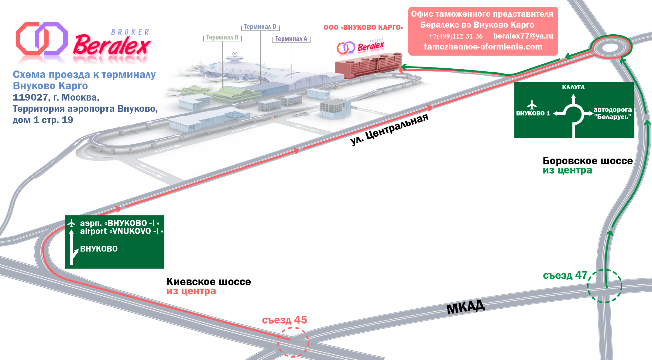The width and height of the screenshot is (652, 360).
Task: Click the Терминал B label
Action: [222, 37]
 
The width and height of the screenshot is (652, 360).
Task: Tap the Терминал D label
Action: [260, 27]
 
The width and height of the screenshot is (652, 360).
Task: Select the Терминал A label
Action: [291, 39]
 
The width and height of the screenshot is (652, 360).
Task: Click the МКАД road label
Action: [465, 307]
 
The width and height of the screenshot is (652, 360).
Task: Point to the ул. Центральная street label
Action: [389, 129]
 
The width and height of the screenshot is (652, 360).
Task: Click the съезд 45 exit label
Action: [284, 320]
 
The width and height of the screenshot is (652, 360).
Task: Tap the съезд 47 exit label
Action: [565, 275]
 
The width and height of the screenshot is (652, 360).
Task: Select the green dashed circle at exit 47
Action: [604, 286]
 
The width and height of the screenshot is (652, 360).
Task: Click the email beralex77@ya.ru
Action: [523, 36]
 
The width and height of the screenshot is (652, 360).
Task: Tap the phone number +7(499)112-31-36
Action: [455, 36]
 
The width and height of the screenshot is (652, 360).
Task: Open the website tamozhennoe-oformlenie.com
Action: [483, 47]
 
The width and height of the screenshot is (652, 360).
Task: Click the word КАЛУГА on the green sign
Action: [573, 87]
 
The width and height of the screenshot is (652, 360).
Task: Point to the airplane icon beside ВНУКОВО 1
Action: [532, 105]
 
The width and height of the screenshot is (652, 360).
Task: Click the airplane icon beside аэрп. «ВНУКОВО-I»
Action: [71, 224]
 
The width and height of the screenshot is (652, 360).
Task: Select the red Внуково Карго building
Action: [368, 65]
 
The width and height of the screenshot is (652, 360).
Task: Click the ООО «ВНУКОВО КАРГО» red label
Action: [363, 28]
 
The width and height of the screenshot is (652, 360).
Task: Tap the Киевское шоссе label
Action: [208, 282]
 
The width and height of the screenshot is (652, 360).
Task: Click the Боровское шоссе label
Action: [587, 161]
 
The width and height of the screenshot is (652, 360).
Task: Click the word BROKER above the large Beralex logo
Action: [130, 32]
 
